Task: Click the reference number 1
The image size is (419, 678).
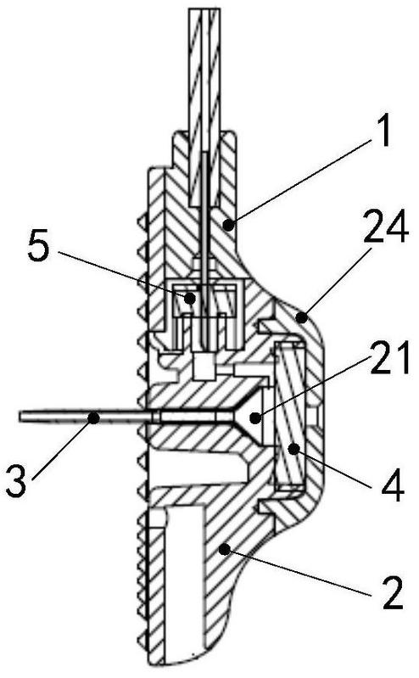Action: pos(383,132)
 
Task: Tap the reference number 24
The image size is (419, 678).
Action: pos(386,227)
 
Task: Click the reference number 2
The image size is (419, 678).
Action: pos(392,592)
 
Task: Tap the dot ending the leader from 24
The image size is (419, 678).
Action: pos(302,318)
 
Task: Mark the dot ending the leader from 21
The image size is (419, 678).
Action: pos(256,417)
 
